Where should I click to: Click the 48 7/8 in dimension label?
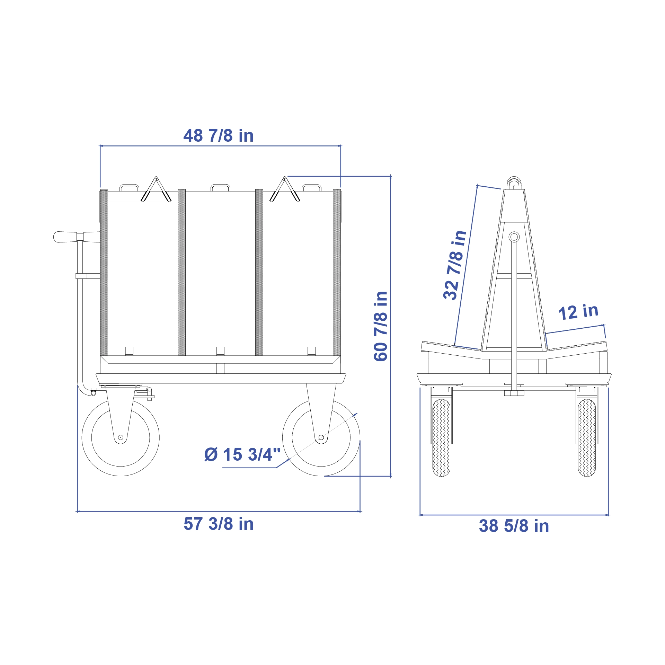click(218, 136)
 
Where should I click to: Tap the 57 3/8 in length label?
click(218, 524)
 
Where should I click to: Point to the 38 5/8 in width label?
click(514, 526)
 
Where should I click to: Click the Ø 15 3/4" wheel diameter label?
click(242, 454)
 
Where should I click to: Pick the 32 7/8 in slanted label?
click(455, 265)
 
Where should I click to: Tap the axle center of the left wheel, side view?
click(121, 437)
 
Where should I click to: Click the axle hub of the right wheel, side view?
click(321, 437)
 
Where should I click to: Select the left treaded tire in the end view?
click(441, 438)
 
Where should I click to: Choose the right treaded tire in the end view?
click(587, 438)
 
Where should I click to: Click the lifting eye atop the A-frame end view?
click(514, 183)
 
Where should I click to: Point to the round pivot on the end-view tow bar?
click(514, 237)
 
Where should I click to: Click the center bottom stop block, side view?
click(220, 351)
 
